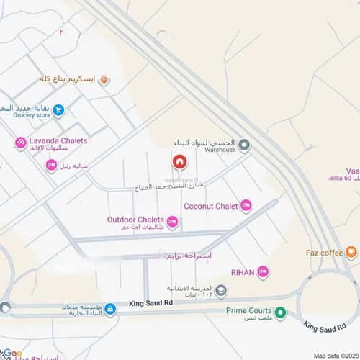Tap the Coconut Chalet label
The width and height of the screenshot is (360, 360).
pos(210,206)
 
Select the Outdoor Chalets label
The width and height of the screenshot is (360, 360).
pos(135,219)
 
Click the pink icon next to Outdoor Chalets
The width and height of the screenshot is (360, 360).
pos(172,221)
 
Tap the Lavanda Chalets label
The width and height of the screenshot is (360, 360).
pos(58,140)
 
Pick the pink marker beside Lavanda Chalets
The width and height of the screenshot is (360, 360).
pos(21,143)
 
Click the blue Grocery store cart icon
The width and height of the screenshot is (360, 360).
pos(58,110)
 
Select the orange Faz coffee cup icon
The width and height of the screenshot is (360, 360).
pos(351,252)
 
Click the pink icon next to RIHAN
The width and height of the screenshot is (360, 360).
pos(263,272)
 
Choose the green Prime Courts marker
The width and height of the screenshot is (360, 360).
pos(281,312)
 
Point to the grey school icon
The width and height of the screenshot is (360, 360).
pos(221,292)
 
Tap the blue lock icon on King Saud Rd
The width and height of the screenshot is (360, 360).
pos(110,310)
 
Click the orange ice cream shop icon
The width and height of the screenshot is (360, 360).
pos(104,81)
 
